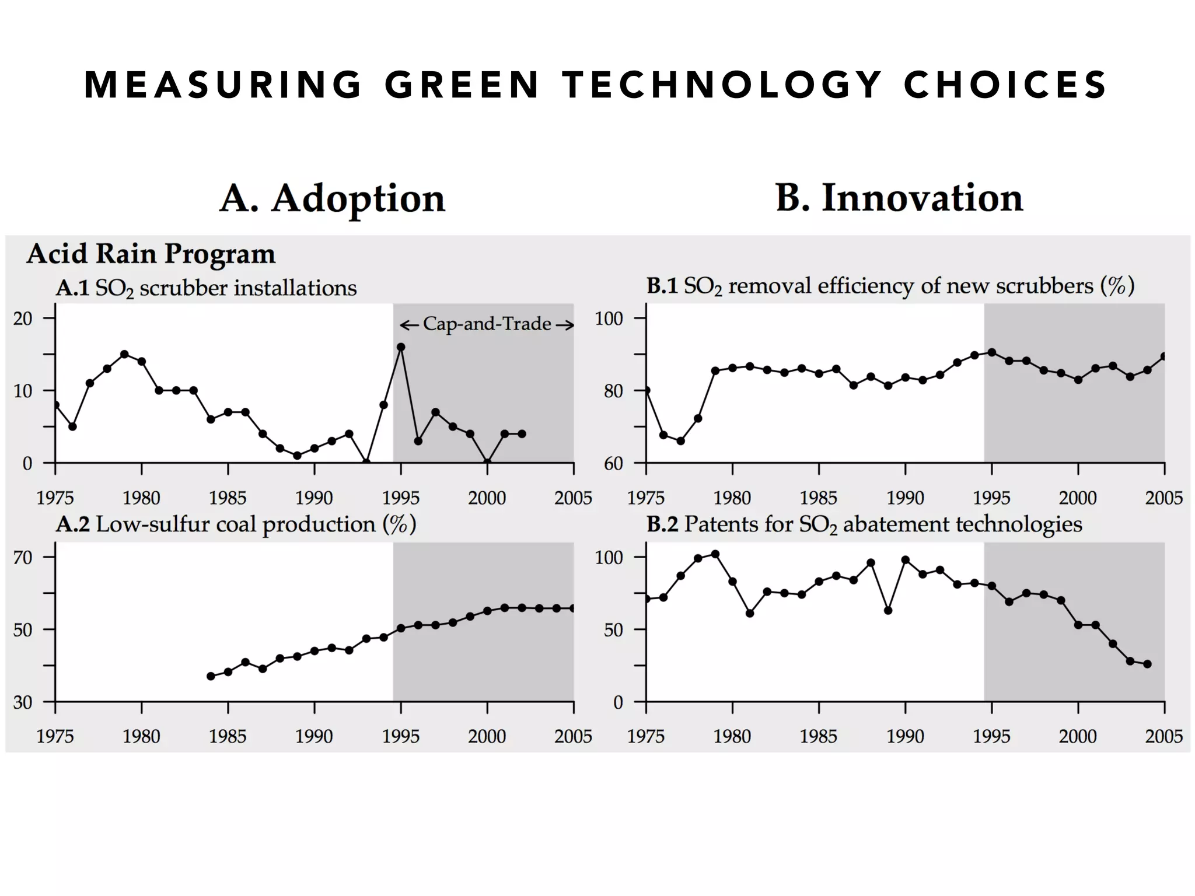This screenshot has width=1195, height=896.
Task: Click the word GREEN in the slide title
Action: pyautogui.click(x=462, y=85)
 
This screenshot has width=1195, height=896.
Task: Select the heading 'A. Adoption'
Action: pyautogui.click(x=332, y=198)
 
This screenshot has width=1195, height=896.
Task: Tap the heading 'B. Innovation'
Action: pyautogui.click(x=899, y=198)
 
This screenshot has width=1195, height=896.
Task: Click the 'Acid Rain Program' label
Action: pyautogui.click(x=151, y=254)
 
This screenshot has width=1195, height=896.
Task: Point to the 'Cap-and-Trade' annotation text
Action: pyautogui.click(x=487, y=324)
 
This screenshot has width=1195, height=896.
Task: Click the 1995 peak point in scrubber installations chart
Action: pyautogui.click(x=401, y=347)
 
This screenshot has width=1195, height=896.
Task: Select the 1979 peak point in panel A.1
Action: pyautogui.click(x=124, y=354)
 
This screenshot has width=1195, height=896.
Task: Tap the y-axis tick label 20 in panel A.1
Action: pyautogui.click(x=23, y=318)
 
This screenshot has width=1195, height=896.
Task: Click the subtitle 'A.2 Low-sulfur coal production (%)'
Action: pyautogui.click(x=236, y=524)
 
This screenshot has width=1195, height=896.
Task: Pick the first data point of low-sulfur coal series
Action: pyautogui.click(x=211, y=676)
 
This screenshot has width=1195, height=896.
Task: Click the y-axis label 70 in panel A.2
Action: pyautogui.click(x=23, y=557)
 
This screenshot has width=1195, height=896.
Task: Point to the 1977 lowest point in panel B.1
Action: pyautogui.click(x=680, y=441)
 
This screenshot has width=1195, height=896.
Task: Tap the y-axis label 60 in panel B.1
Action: pyautogui.click(x=613, y=463)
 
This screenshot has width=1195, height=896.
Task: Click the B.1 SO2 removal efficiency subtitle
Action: pyautogui.click(x=890, y=286)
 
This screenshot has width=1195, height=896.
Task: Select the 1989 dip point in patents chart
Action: pyautogui.click(x=888, y=610)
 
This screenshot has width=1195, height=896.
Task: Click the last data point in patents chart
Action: pyautogui.click(x=1147, y=664)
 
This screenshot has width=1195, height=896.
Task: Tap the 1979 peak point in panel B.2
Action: pyautogui.click(x=715, y=554)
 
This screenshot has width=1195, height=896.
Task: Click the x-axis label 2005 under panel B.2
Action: pyautogui.click(x=1163, y=736)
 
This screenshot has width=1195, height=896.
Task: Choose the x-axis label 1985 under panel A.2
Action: pyautogui.click(x=228, y=736)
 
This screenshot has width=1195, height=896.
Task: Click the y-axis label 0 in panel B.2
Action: pyautogui.click(x=618, y=702)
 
